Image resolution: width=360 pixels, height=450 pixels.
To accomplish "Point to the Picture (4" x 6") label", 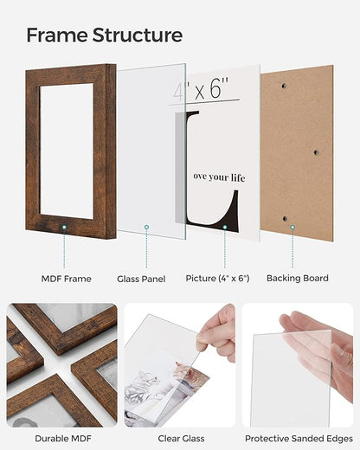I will point(217,279).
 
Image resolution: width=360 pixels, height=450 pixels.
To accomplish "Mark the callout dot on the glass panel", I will point(146,227).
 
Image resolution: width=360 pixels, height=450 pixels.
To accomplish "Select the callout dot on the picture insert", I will point(224,227).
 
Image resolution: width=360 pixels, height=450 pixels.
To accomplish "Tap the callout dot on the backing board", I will point(292,227).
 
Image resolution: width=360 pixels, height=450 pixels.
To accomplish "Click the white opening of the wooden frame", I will point(67,149).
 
